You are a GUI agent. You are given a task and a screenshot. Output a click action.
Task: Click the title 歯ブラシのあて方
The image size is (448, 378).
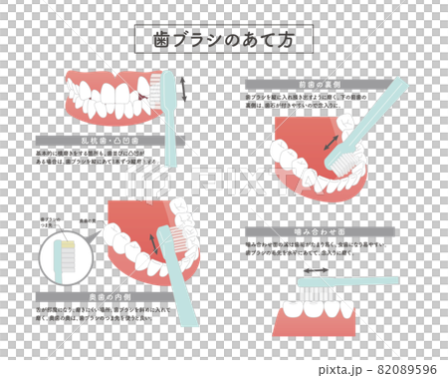point(223,39)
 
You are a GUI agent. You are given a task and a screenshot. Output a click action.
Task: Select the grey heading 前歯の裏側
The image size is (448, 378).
point(310,85)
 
